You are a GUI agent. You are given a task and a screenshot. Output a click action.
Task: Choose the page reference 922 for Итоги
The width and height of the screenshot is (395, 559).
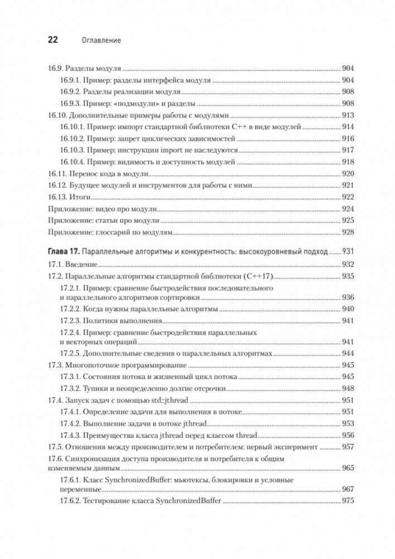click(348, 197)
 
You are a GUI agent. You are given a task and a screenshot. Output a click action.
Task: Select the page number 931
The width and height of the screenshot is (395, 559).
click(348, 252)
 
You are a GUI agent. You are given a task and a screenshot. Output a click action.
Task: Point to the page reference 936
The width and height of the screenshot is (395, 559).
click(348, 297)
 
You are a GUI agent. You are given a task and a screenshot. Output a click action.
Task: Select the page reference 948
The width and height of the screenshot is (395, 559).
click(348, 388)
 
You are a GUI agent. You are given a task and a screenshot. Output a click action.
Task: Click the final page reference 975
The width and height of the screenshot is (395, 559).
click(348, 501)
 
